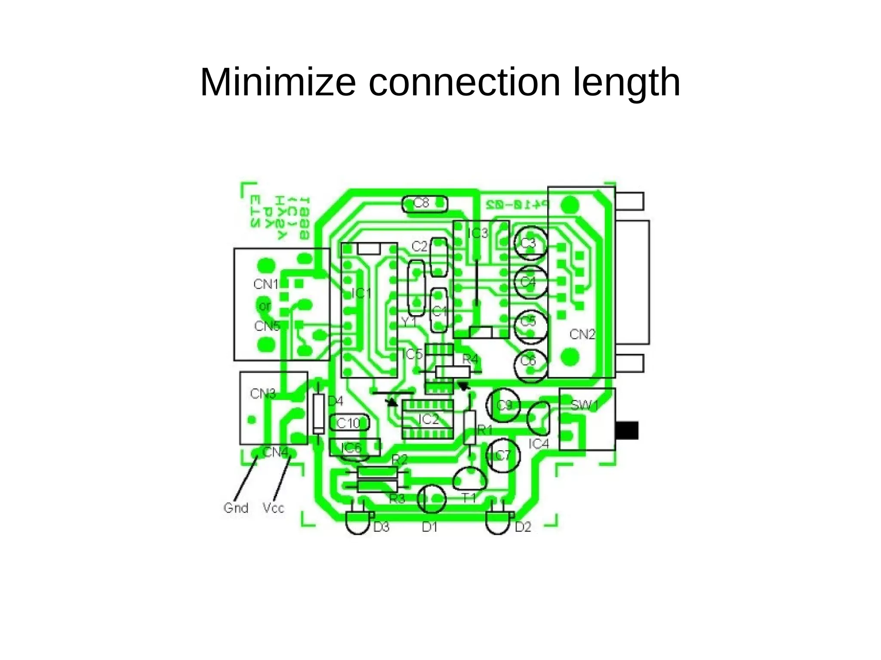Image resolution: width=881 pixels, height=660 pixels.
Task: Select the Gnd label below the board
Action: pyautogui.click(x=236, y=508)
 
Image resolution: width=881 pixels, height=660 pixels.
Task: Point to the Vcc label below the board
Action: pyautogui.click(x=273, y=508)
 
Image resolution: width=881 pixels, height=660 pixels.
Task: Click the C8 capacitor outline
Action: pyautogui.click(x=424, y=204)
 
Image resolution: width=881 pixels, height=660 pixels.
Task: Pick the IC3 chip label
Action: pyautogui.click(x=478, y=233)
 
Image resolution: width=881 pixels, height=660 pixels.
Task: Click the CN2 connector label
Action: pyautogui.click(x=582, y=334)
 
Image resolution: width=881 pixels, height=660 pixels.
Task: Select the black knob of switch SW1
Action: pyautogui.click(x=628, y=430)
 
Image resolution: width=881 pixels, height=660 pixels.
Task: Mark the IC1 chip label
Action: pyautogui.click(x=361, y=294)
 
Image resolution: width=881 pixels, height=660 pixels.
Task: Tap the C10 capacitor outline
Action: pyautogui.click(x=349, y=423)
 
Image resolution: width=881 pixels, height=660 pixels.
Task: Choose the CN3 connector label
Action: pyautogui.click(x=262, y=394)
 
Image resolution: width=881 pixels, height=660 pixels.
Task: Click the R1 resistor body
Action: pyautogui.click(x=470, y=428)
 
